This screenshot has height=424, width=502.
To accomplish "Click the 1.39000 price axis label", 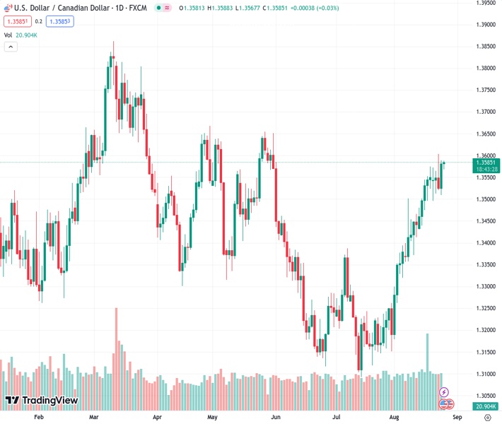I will pyautogui.click(x=485, y=25).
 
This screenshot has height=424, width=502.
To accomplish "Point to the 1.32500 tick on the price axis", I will pyautogui.click(x=485, y=308).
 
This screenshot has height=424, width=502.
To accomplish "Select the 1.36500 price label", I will pyautogui.click(x=485, y=134).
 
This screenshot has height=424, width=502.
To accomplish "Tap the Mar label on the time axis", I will pyautogui.click(x=94, y=417).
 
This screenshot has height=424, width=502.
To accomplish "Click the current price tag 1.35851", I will pyautogui.click(x=486, y=163).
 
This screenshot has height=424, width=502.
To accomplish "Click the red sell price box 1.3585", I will pyautogui.click(x=17, y=21).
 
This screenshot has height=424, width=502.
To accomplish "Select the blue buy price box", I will pyautogui.click(x=60, y=21).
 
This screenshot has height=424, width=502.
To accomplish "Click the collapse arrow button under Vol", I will pyautogui.click(x=11, y=47).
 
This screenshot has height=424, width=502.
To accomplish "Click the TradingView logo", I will pyautogui.click(x=41, y=401).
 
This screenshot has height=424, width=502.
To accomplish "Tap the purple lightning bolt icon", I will pyautogui.click(x=444, y=392).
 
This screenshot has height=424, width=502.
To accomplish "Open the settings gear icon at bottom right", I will pyautogui.click(x=486, y=418).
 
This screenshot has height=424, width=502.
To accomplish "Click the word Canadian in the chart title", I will pyautogui.click(x=78, y=7).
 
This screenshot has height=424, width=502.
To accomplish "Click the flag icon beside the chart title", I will pyautogui.click(x=7, y=7).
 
